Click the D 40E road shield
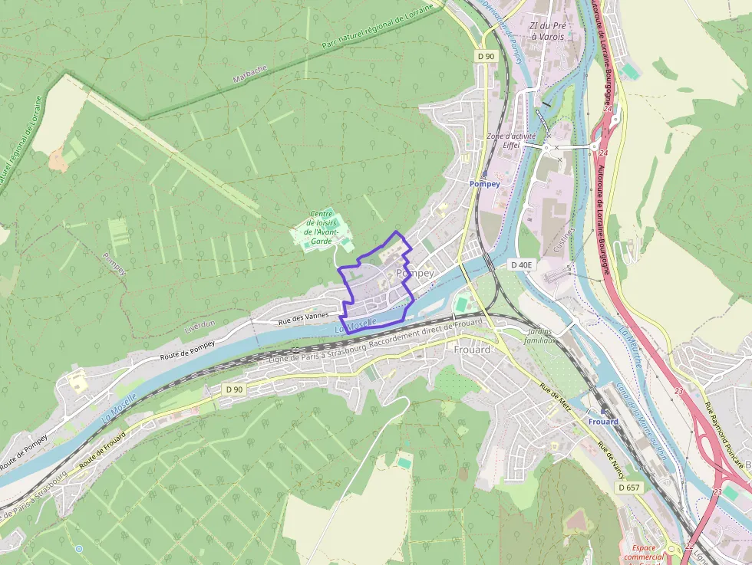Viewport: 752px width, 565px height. [522, 264]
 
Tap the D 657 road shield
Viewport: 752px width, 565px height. [628, 488]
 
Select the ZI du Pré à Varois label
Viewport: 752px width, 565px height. [547, 31]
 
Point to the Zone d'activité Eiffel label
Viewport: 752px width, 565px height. [511, 140]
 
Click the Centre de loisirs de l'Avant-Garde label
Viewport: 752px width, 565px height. [321, 228]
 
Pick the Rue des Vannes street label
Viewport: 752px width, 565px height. [303, 318]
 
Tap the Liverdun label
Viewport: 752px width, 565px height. [201, 327]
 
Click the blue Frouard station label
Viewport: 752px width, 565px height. [603, 422]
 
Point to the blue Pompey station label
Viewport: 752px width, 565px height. [484, 184]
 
